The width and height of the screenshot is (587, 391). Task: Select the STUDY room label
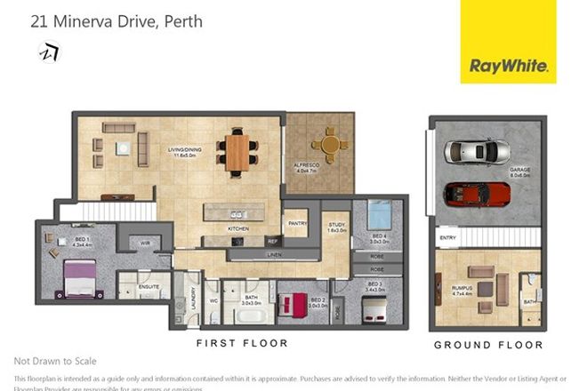point(335,225)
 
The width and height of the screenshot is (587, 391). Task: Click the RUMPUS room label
point(462,286)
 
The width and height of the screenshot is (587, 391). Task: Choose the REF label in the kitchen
point(273,241)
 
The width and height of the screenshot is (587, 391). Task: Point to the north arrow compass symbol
point(49,54)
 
